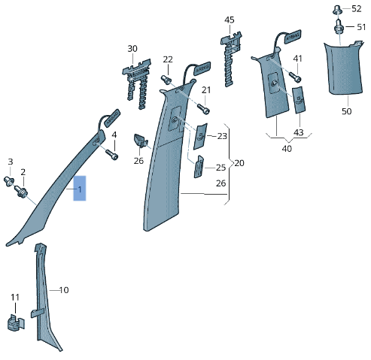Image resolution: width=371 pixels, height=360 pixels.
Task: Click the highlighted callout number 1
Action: pos(80,189)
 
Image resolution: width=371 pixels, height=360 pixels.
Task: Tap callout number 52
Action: pos(356,9)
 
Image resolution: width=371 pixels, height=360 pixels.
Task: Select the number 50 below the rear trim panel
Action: pos(347,111)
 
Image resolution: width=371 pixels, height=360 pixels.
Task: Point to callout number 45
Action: pos(230,20)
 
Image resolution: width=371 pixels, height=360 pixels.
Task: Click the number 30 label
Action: pos(132,49)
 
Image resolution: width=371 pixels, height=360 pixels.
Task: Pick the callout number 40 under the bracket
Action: pos(287,149)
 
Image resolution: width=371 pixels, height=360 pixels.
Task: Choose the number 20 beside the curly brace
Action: pos(239,163)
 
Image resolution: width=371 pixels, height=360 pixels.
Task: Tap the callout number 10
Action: pos(64,290)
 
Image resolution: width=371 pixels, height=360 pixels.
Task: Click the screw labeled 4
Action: pos(112,154)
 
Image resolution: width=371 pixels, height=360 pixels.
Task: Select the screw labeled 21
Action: pos(203,109)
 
